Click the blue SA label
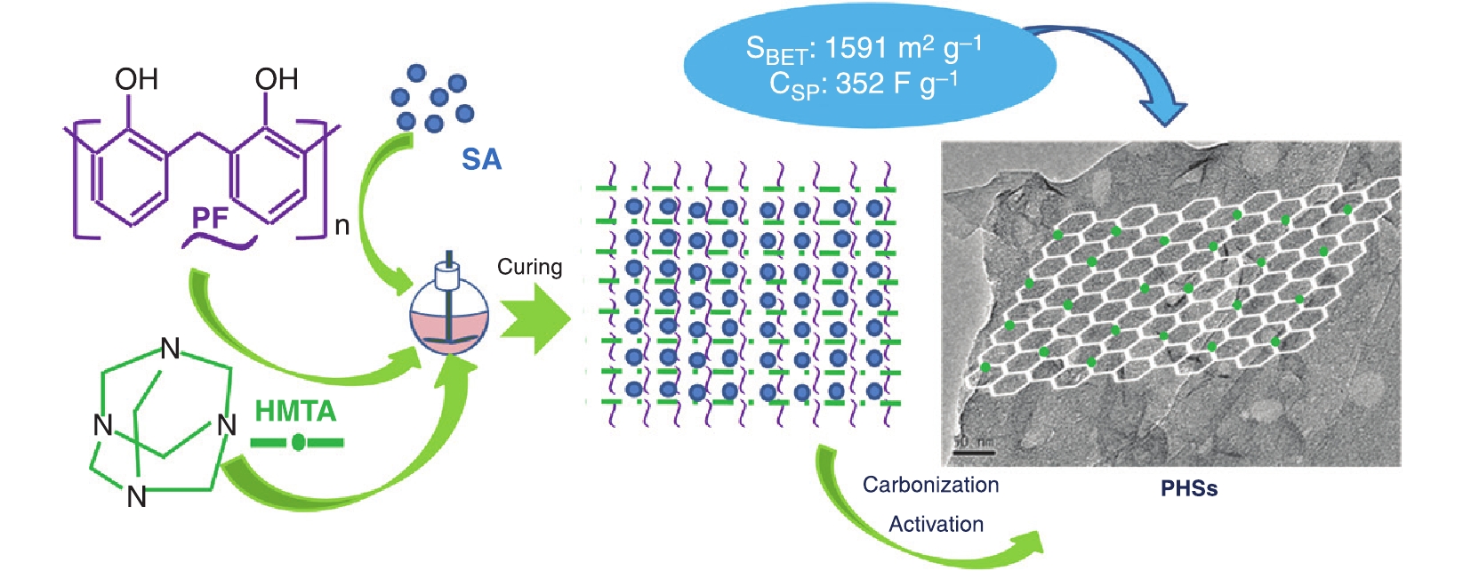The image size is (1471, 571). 481,159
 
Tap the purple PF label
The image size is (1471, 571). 211,217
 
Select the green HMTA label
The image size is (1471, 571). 295,411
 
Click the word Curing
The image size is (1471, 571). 529,267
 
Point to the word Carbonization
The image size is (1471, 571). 930,485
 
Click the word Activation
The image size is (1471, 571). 936,524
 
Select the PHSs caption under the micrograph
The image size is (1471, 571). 1188,488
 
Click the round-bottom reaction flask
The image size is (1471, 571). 449,311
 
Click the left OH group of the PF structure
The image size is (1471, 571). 136,79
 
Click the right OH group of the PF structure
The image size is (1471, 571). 276,79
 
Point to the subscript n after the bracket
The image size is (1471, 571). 342,227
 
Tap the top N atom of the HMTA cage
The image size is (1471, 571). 170,350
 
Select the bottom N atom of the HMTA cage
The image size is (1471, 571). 136,496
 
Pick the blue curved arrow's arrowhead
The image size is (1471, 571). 1163,113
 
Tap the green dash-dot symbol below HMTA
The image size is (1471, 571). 297,441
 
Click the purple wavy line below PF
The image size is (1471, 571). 220,242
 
